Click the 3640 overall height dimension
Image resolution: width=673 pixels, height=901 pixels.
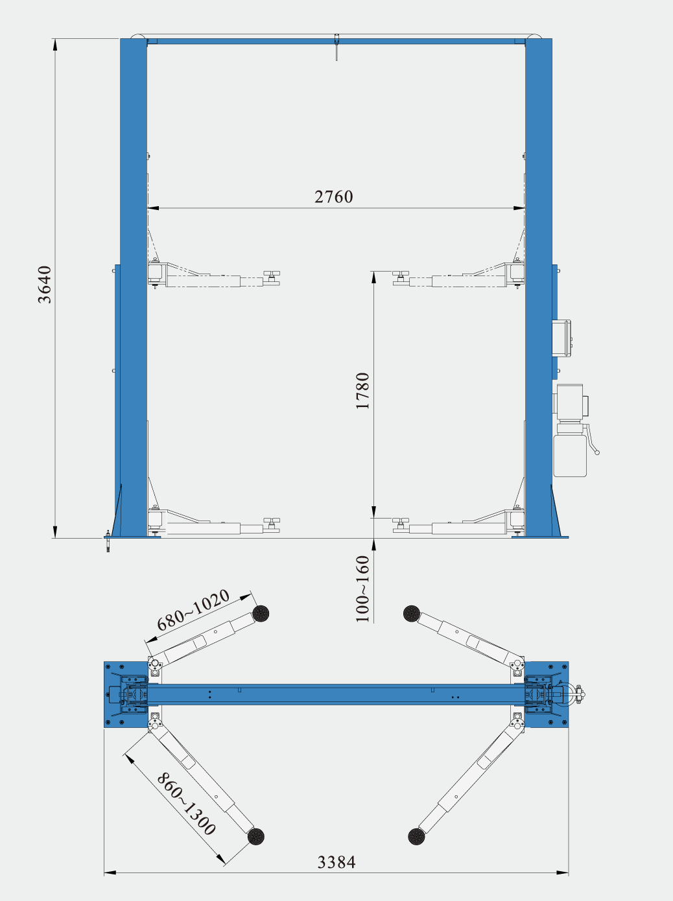coord(45,285)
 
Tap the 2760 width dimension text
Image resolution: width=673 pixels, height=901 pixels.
coord(333,197)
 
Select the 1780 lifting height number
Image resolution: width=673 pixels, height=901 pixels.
coord(362,390)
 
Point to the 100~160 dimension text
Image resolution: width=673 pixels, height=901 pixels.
coord(362,589)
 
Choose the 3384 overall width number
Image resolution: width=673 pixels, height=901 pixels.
coord(336,862)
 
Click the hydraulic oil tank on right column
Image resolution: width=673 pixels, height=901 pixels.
coord(570,456)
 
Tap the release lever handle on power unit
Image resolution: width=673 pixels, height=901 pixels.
coord(592,439)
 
